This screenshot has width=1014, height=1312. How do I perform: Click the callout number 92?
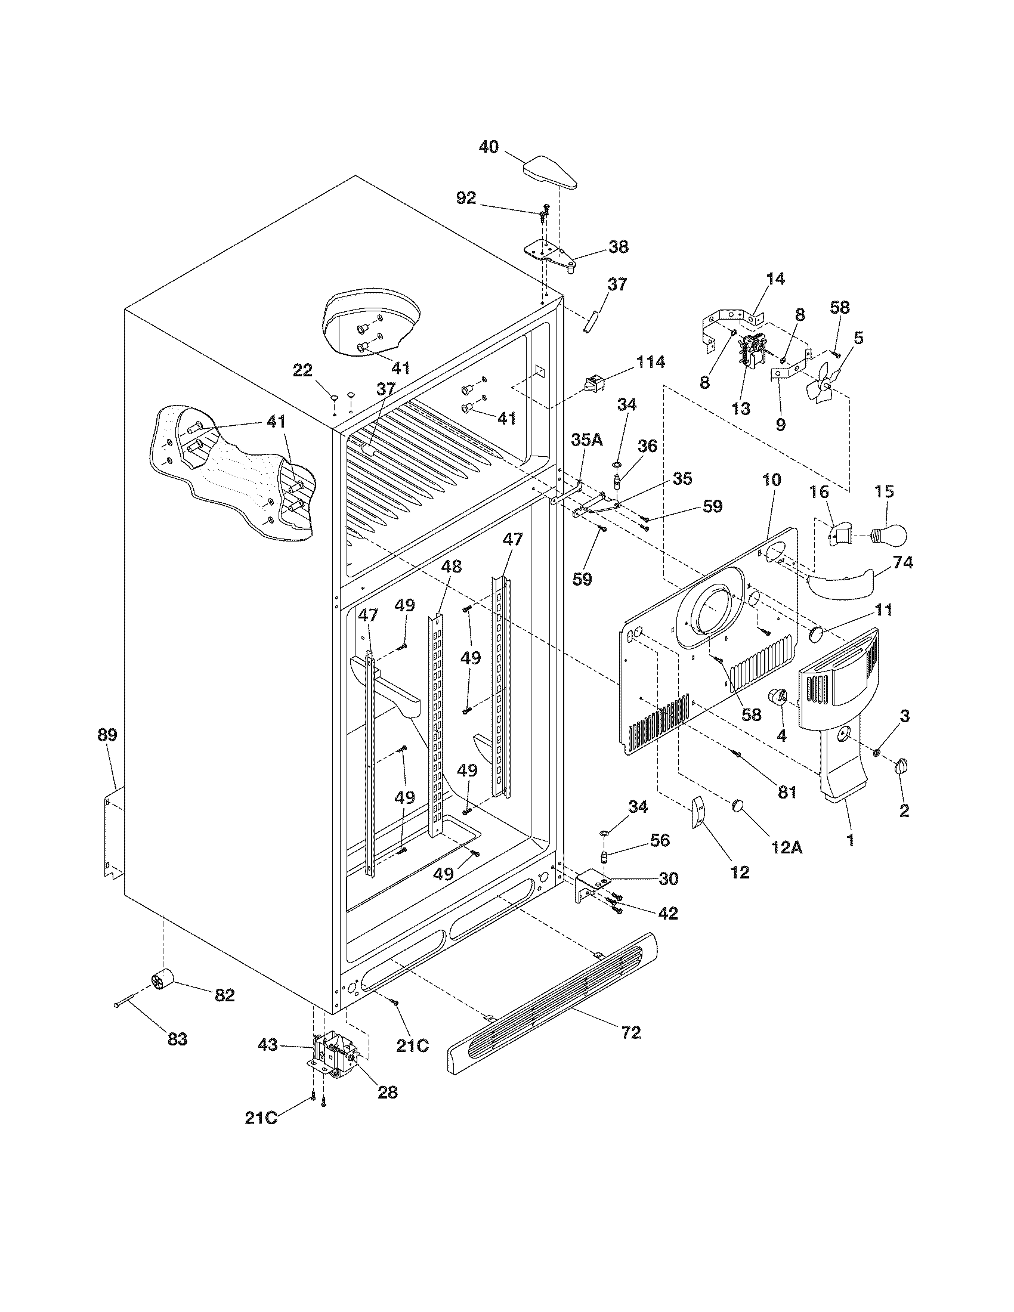tap(466, 198)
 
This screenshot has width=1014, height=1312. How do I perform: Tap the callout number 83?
tap(177, 1055)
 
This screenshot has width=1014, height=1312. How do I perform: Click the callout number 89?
tap(108, 734)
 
